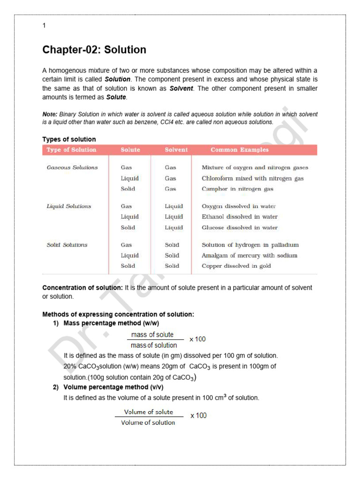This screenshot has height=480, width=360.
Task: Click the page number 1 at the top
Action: pos(44,26)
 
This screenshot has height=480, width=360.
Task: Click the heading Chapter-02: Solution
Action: pos(94,50)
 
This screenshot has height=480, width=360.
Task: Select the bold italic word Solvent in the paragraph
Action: pos(181,88)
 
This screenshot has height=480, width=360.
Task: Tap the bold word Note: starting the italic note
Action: pos(50,114)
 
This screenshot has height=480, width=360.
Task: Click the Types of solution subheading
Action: pos(69,139)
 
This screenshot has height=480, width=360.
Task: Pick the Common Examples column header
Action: pos(240,150)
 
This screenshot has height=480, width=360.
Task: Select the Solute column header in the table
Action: pos(130,150)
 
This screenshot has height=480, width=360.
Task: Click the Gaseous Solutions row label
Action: pos(72,167)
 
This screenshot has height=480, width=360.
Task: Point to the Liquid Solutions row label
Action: pos(69,206)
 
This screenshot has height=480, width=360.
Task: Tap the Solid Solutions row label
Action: pos(67,245)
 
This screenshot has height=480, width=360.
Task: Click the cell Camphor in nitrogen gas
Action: pos(237,189)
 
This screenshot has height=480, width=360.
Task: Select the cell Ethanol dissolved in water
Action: pos(240,217)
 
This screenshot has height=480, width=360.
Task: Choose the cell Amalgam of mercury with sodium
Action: pos(249,255)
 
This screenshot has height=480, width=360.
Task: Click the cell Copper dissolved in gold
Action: pos(236,266)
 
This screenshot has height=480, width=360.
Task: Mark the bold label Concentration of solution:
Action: pos(82,288)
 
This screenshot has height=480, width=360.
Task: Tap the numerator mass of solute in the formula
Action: pos(152,335)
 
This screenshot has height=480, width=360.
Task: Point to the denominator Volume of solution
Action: pos(148,422)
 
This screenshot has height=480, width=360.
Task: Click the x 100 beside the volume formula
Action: pos(198,415)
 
